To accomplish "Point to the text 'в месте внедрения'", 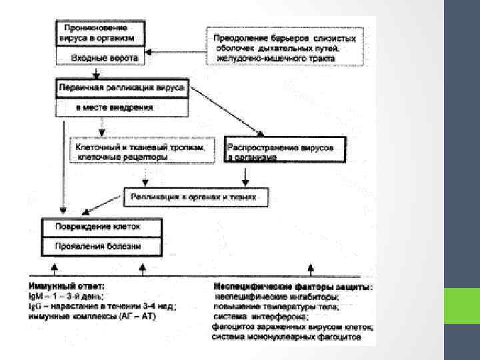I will click(114, 106).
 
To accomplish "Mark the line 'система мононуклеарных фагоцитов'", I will click(287, 337).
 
